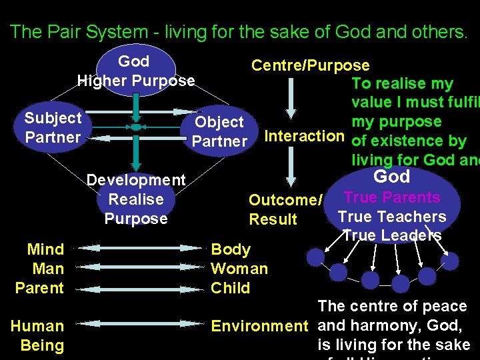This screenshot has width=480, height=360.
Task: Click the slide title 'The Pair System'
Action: [x=239, y=31]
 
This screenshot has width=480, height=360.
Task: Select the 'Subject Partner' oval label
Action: [x=53, y=127]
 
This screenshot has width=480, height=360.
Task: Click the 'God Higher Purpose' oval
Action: [x=136, y=71]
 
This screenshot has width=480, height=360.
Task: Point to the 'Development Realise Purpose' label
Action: [x=136, y=199]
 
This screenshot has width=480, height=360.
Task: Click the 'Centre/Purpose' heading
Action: [x=310, y=65]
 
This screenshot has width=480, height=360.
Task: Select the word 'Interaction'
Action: [x=304, y=136]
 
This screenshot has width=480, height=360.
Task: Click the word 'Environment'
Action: [x=259, y=326]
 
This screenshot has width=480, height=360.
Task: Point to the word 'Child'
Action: [x=230, y=288]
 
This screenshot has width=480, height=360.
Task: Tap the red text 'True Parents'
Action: [x=391, y=197]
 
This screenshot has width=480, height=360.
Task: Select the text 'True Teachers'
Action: [x=392, y=217]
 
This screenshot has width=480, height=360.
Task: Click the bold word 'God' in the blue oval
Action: [x=391, y=176]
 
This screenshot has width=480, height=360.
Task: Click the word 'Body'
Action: [x=231, y=249]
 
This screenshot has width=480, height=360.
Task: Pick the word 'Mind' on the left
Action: [x=45, y=249]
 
